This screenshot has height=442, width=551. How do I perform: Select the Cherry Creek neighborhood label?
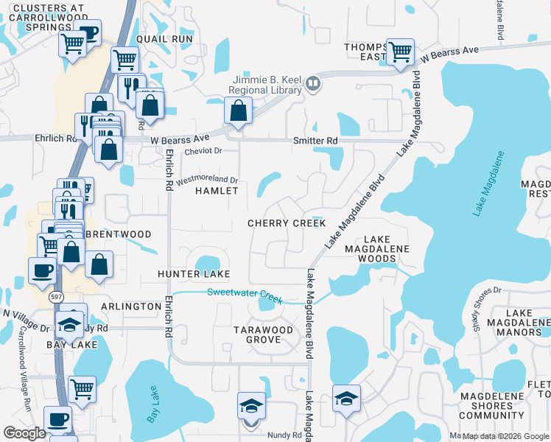click(x=287, y=223)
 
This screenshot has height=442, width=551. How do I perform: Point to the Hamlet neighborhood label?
click(x=217, y=191)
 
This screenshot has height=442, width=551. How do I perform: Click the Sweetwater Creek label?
click(x=245, y=293)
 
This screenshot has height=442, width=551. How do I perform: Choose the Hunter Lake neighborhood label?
click(x=194, y=274)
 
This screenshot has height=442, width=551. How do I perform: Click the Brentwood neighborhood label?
click(x=118, y=234)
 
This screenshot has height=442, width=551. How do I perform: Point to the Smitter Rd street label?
click(x=315, y=140)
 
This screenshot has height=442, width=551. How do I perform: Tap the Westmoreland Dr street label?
click(x=207, y=179)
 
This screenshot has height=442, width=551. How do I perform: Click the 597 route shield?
click(x=57, y=296)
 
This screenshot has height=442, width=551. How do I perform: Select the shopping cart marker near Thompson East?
click(x=400, y=53)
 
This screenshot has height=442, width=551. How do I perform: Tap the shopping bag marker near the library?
click(x=238, y=112)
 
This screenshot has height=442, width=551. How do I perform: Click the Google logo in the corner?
click(x=24, y=433)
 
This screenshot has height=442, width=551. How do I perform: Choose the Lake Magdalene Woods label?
click(x=376, y=249)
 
